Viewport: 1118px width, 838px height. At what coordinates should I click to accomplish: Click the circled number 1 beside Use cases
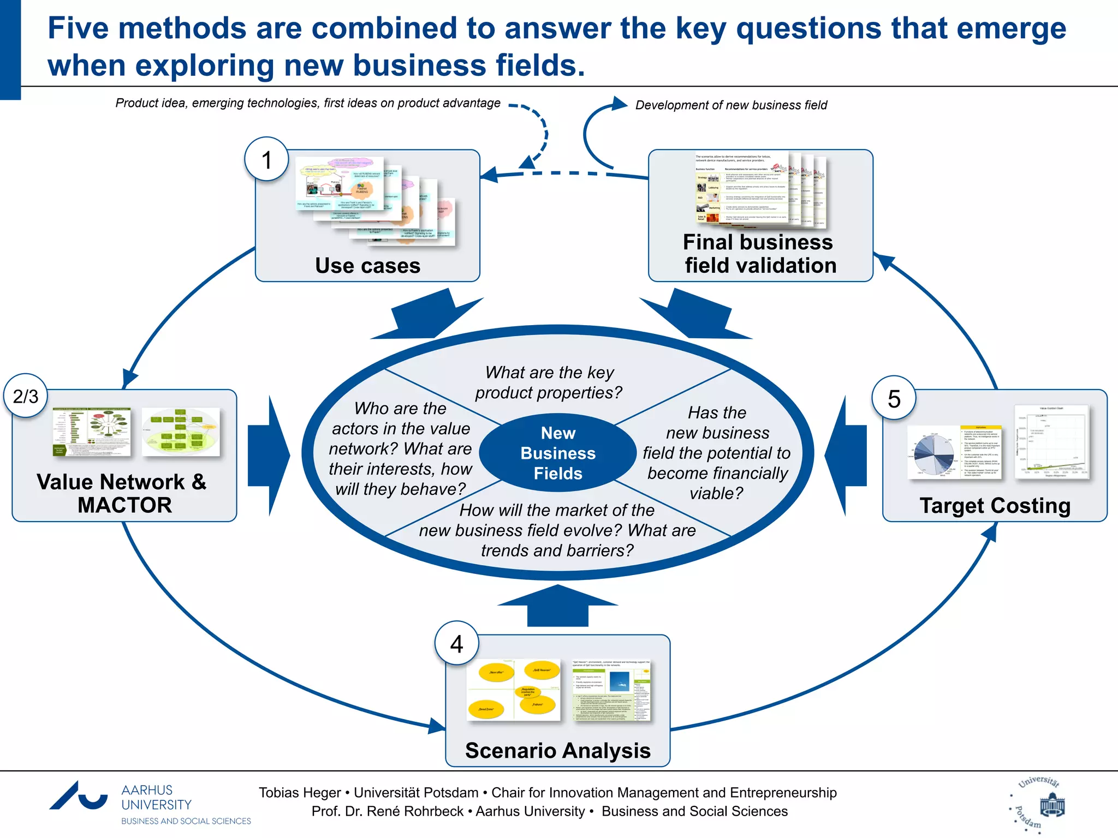(266, 160)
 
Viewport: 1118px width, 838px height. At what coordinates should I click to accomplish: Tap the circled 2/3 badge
(26, 396)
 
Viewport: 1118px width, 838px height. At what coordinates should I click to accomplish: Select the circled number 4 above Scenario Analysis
(456, 644)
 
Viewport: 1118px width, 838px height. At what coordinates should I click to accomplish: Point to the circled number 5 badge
(894, 399)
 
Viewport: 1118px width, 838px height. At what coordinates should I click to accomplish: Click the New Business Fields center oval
(558, 453)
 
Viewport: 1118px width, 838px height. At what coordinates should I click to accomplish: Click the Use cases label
(367, 266)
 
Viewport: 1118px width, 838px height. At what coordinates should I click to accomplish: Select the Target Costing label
(995, 505)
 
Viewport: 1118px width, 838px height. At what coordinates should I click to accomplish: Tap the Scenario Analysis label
(557, 751)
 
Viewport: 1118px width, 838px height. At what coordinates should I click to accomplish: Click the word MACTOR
(124, 505)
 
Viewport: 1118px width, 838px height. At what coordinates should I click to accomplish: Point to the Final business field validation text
(759, 254)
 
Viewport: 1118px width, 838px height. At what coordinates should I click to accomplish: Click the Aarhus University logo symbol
(79, 797)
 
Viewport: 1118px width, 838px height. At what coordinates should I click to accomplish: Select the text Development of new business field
(731, 105)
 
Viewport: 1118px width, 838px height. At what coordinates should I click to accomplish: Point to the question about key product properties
(549, 382)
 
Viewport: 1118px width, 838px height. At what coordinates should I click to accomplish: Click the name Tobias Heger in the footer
(299, 793)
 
